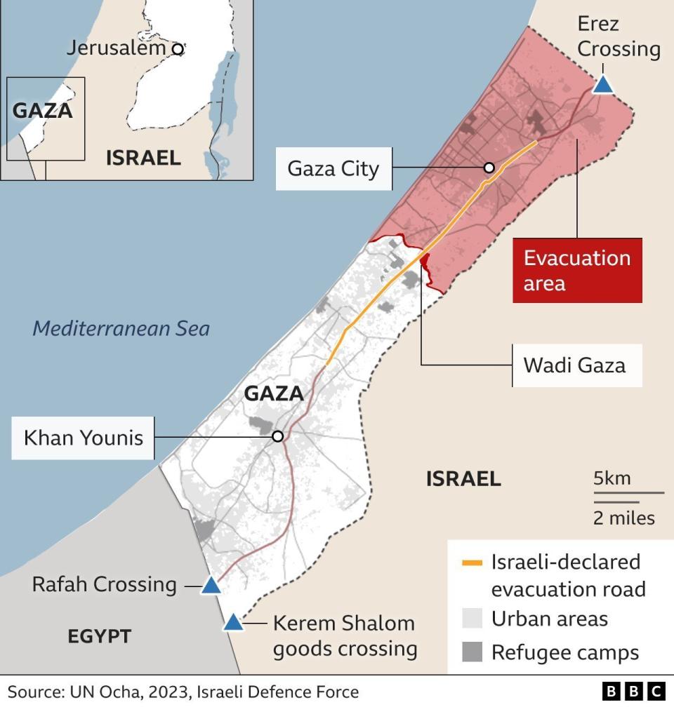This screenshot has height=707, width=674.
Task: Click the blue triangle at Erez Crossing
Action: (603, 86)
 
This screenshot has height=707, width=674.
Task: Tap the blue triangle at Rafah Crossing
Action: (211, 585)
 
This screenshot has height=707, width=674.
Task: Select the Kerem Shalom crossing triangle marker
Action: (233, 622)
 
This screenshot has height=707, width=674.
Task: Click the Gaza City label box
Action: (333, 168)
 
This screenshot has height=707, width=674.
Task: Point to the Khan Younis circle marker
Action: (277, 436)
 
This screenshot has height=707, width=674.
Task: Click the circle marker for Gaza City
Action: (489, 168)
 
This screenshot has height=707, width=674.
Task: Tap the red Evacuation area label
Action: (577, 270)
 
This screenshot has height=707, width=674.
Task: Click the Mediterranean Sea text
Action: (121, 328)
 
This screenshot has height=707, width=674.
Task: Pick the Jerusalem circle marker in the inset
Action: (178, 48)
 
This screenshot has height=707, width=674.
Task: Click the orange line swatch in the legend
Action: (472, 563)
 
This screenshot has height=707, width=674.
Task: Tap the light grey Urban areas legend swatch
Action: (472, 618)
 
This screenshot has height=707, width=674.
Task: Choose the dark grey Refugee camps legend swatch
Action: (472, 652)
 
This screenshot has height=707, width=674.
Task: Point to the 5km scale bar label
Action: (612, 479)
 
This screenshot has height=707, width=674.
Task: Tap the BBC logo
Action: (634, 691)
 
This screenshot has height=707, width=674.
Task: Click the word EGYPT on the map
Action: (99, 636)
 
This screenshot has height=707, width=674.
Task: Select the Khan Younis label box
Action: (83, 438)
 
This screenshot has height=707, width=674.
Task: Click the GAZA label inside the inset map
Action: (43, 111)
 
